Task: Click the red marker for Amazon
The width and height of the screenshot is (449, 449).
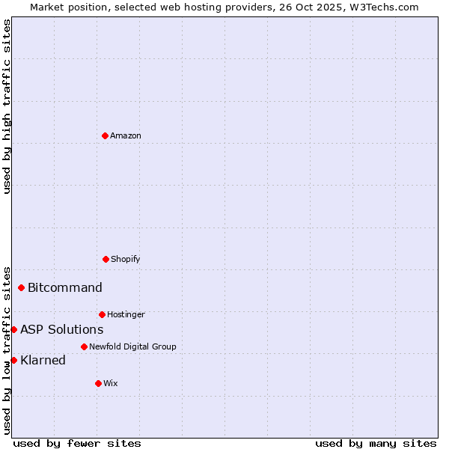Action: tap(105, 135)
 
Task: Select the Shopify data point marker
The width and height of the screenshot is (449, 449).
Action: tap(106, 259)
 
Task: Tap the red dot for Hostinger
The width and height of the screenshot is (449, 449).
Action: tap(102, 314)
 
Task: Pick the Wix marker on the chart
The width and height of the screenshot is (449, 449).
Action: tap(98, 383)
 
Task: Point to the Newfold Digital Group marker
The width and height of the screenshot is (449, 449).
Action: tap(84, 346)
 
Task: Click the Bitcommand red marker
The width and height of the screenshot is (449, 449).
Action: tap(21, 287)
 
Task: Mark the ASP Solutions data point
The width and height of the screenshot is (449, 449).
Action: tap(13, 329)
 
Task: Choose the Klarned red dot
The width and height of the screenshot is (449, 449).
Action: tap(13, 360)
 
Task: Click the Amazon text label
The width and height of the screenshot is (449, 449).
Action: tap(126, 135)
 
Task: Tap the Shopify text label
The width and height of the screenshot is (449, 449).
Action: tap(126, 259)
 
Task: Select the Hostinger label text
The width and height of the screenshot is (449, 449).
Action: tap(126, 314)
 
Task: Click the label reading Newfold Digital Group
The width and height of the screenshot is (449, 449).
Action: tap(132, 346)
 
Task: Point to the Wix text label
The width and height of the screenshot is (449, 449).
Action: tap(111, 383)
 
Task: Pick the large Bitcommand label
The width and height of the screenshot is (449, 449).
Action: tap(65, 287)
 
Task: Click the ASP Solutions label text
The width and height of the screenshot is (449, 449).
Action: tap(62, 329)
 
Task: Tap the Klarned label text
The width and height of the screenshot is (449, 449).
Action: tap(43, 360)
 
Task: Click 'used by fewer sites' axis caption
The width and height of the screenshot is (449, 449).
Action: tap(77, 443)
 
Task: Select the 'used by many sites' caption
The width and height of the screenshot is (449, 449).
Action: tap(376, 443)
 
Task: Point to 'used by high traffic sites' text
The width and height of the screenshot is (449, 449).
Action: tap(7, 106)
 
